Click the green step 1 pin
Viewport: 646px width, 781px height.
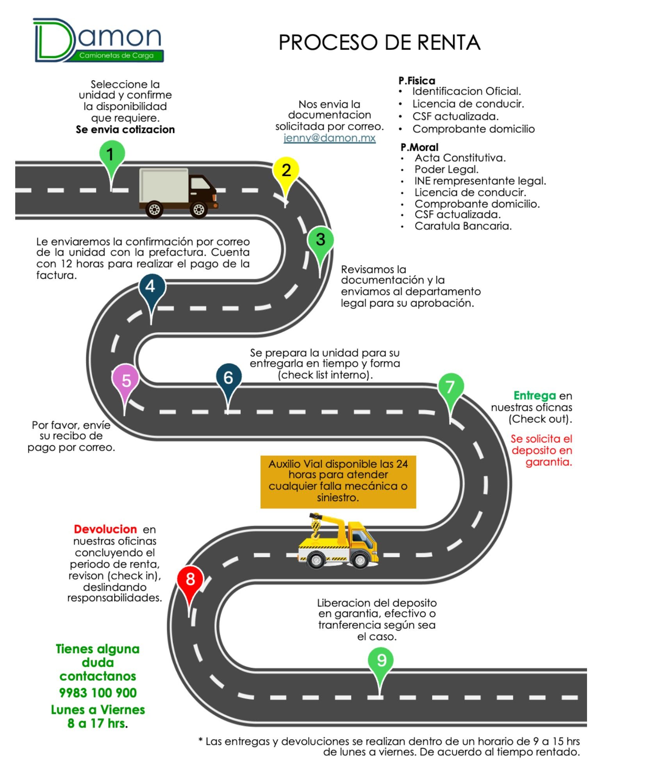click(x=112, y=155)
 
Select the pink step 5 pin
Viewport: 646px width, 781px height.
click(x=126, y=380)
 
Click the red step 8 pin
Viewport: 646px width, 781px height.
click(x=190, y=579)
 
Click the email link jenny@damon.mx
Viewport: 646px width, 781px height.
click(x=329, y=138)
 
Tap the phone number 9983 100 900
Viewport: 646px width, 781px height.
click(x=98, y=693)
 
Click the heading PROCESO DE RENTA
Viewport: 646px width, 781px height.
click(x=379, y=43)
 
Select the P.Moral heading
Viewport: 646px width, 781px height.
click(x=419, y=147)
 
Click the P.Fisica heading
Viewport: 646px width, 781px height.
click(x=416, y=81)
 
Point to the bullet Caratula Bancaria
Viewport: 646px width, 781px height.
click(x=463, y=226)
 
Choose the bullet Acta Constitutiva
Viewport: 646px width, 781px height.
click(x=460, y=158)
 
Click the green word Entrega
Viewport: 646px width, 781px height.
click(x=534, y=396)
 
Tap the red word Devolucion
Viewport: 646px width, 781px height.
click(x=105, y=529)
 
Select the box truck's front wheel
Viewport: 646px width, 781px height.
click(x=198, y=209)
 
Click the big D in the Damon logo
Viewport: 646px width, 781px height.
click(x=53, y=40)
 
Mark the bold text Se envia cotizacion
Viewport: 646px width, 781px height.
click(x=125, y=130)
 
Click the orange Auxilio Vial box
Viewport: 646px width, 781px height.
click(x=338, y=481)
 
